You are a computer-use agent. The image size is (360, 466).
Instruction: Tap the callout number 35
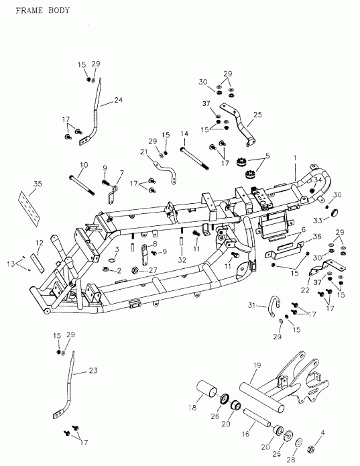tap(37, 183)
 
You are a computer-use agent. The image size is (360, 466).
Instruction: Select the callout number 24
tap(118, 101)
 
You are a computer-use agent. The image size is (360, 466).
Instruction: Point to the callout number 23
tap(93, 371)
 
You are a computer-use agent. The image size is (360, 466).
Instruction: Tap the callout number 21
tap(143, 152)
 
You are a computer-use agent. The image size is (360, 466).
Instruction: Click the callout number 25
tap(257, 115)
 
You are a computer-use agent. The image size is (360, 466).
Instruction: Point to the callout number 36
tap(317, 237)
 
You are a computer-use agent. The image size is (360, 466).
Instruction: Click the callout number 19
tap(256, 365)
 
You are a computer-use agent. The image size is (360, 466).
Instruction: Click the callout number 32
tap(181, 259)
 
